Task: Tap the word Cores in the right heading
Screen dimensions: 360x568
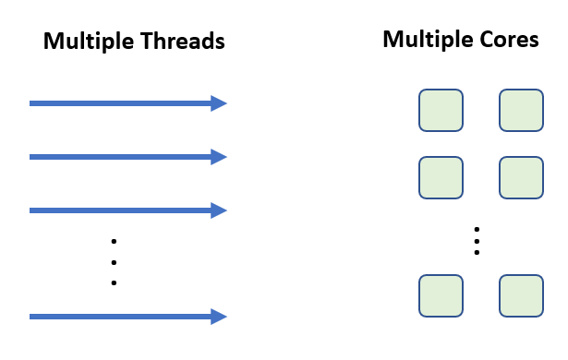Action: coord(508,40)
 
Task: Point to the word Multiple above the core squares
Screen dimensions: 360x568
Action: coord(424,40)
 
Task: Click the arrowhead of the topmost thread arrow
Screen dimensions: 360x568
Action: coord(219,103)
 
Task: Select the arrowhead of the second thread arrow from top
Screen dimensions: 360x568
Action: coord(219,157)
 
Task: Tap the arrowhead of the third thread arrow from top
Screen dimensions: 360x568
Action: coord(219,210)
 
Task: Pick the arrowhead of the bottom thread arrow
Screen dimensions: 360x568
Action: coord(219,317)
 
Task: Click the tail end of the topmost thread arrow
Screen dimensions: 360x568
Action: coord(32,103)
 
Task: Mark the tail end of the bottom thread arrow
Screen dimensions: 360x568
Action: coord(32,317)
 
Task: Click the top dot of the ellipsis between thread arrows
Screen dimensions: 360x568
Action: coord(114,241)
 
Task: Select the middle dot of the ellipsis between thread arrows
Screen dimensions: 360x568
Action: coord(114,262)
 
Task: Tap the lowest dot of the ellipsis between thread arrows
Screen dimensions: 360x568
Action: coord(114,283)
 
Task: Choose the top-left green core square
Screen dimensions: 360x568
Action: coord(441,111)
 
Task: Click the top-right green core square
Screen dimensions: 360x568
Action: coord(521,111)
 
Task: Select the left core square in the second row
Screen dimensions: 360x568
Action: coord(441,177)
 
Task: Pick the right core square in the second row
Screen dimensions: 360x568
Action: coord(521,177)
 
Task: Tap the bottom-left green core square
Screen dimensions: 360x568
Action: coord(441,295)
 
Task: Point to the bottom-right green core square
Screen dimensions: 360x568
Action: coord(521,295)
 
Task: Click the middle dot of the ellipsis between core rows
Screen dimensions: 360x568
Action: coord(477,240)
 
